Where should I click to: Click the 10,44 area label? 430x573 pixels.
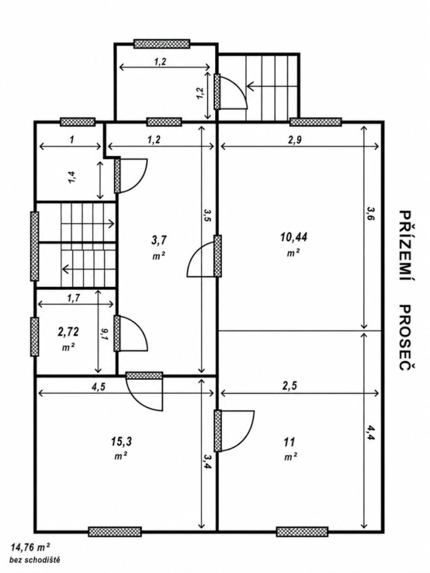point(293,237)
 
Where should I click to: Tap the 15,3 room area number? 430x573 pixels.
point(122,441)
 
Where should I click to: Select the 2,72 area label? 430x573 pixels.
point(68,332)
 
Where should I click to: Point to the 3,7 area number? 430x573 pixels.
point(159,240)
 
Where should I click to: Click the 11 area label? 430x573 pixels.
point(289,442)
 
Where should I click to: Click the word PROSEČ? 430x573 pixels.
point(403,338)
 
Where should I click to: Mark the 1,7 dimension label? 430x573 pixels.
point(73,298)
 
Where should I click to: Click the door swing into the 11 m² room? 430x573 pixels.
point(238,431)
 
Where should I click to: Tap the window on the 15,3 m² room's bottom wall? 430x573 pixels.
point(115,532)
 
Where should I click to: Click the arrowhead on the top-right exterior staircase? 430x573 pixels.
point(251,87)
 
